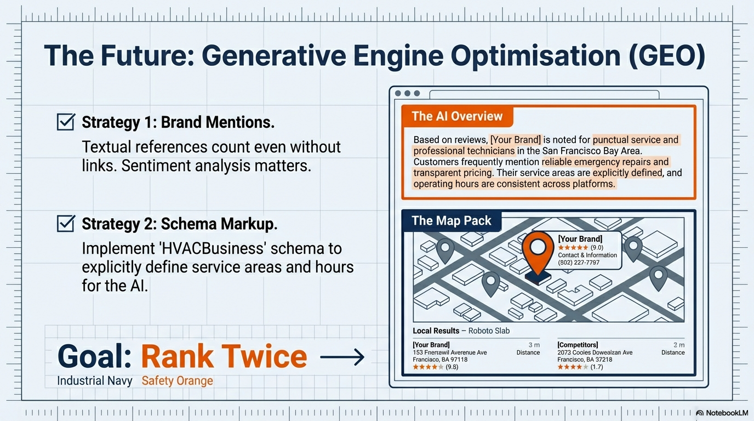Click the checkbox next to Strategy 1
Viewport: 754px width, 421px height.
tap(66, 122)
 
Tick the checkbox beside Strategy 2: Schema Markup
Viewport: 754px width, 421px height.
tap(66, 223)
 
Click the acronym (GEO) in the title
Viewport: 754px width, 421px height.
tap(667, 56)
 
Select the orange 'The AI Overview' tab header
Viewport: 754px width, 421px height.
tap(457, 116)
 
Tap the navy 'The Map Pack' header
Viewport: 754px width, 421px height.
tap(452, 220)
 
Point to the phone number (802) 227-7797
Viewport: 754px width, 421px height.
tap(579, 263)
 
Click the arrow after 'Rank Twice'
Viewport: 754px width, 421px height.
tap(342, 357)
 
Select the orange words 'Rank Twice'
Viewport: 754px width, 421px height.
tap(224, 356)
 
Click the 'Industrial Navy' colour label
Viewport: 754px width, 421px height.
tap(95, 380)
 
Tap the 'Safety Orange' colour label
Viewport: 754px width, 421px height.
tap(178, 380)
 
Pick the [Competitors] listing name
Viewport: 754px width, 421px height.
tap(578, 345)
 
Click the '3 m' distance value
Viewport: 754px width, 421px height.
tap(534, 345)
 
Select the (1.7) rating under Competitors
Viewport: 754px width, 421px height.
tap(597, 367)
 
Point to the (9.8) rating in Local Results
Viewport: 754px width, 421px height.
tap(452, 367)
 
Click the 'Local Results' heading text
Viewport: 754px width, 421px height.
tap(436, 331)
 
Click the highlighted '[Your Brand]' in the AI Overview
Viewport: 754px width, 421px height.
tap(516, 139)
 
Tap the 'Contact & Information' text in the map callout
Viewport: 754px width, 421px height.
tap(587, 255)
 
